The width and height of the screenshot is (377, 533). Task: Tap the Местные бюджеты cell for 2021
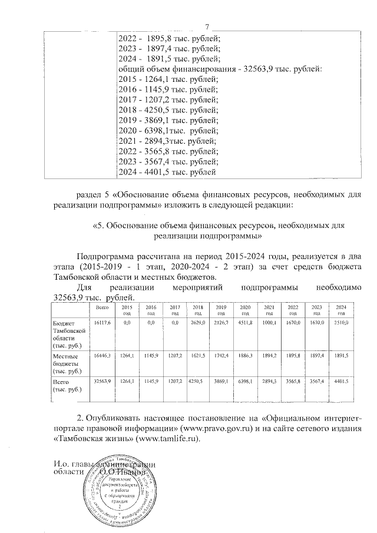point(269,357)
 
